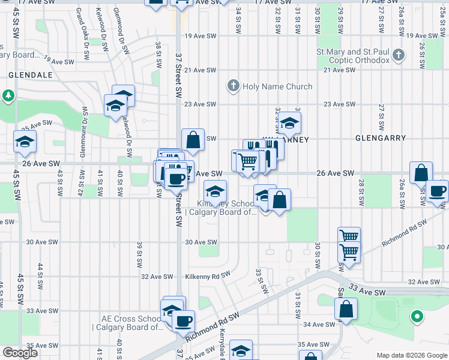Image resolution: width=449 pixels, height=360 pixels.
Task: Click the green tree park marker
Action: click(8, 95)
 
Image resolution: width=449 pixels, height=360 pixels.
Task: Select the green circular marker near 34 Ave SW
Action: click(416, 316)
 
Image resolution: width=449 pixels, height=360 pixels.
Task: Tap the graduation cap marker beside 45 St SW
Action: click(25, 142)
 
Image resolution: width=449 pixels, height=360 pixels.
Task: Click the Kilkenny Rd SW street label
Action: click(208, 276)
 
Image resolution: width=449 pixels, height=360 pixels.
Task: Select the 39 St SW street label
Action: click(139, 255)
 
